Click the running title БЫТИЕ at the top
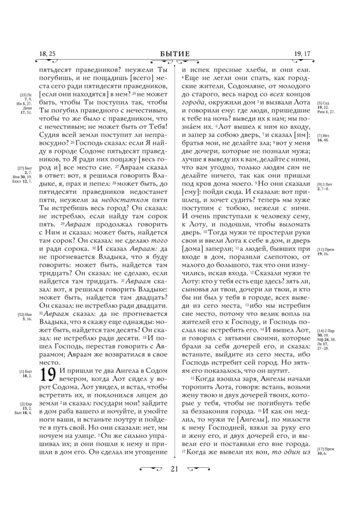coord(179,53)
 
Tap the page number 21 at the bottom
coord(179,512)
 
